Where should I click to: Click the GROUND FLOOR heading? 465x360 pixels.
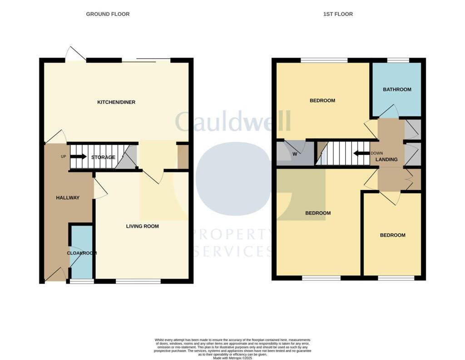point(108,14)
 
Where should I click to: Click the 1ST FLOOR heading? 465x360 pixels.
point(338,14)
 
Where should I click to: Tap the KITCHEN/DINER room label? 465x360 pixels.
point(116,102)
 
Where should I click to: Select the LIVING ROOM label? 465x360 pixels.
point(142,226)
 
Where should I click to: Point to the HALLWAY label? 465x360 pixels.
point(68,198)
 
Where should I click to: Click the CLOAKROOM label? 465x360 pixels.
point(82,253)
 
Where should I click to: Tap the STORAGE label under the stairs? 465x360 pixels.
point(103,157)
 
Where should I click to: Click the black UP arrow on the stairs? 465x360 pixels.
point(78,157)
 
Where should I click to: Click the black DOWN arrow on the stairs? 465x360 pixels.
point(361,153)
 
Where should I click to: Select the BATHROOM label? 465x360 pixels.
point(397,90)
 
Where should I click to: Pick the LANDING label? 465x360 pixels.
point(386,160)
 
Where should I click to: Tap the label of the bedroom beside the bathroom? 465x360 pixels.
point(322,100)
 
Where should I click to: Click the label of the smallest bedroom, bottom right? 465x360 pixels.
point(392,235)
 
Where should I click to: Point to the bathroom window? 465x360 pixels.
point(398,60)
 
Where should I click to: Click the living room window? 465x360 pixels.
point(138,281)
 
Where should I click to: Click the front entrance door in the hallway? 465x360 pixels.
point(55,275)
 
